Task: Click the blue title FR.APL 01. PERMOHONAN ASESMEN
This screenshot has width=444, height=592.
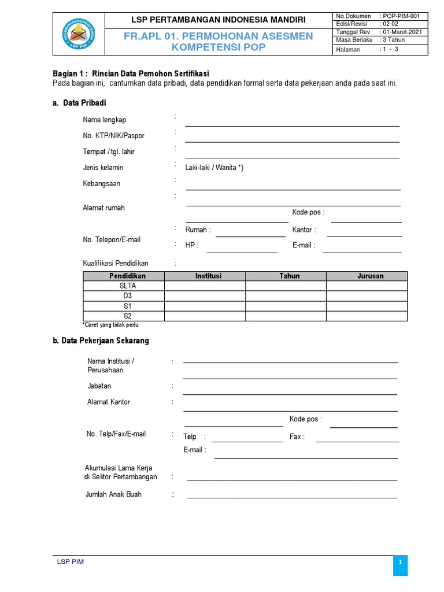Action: pos(218,36)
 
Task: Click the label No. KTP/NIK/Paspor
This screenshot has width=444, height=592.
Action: pos(113,136)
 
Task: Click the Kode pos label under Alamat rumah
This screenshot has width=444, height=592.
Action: pos(308,212)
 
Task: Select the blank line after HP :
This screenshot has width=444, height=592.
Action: pos(242,249)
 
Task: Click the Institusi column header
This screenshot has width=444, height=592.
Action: pos(205,276)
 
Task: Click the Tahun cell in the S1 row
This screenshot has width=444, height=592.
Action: pos(286,306)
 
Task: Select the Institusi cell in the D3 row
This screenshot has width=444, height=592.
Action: pos(205,296)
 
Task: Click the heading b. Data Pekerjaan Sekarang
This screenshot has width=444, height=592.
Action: pos(101,341)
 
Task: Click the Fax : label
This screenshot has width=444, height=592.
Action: pos(297,436)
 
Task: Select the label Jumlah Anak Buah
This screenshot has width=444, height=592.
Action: pos(113,494)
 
